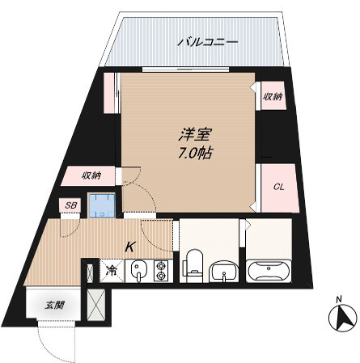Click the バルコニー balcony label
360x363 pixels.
tap(208, 40)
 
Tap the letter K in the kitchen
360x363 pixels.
tap(129, 249)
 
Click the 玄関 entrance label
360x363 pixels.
tap(54, 306)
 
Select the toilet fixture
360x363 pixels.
tap(193, 264)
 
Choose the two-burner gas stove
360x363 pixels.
tap(160, 271)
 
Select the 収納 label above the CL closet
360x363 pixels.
tap(272, 97)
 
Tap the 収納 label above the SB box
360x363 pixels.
tap(91, 175)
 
